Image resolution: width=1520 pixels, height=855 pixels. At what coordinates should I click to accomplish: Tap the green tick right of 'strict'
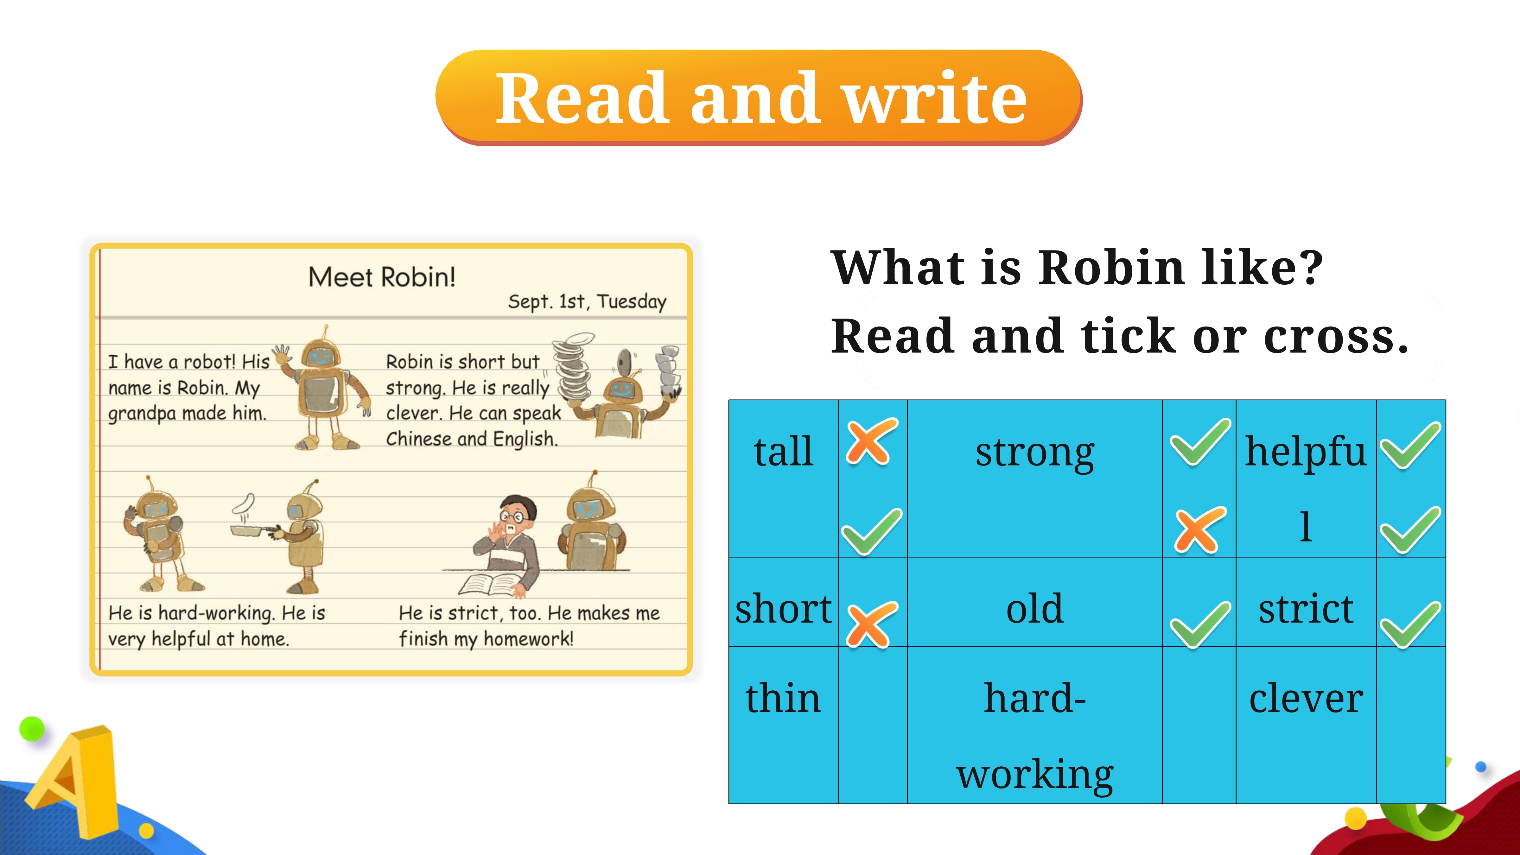pos(1410,625)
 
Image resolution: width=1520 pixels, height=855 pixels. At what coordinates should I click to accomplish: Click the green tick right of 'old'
pos(1199,625)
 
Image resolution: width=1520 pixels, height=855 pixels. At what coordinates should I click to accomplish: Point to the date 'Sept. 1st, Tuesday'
pos(587,301)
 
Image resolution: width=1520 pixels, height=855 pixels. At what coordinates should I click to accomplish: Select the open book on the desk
pos(490,584)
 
